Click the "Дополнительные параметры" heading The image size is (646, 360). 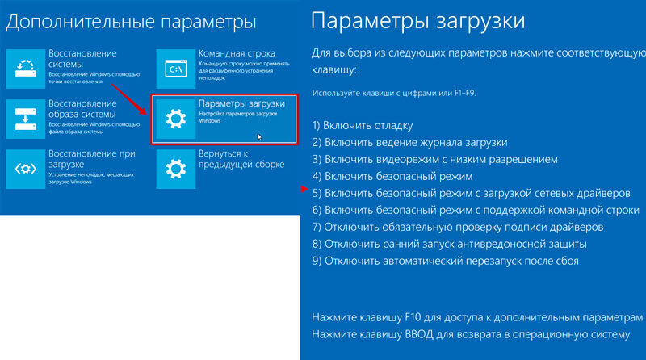131,22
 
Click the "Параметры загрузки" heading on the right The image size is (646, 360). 417,21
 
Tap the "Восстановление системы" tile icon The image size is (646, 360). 26,69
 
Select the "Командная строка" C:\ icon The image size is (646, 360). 176,69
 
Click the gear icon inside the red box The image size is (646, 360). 176,119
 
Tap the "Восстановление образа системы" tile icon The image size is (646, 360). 26,119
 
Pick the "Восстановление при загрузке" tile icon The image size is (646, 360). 26,169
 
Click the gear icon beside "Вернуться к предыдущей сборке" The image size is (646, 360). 176,169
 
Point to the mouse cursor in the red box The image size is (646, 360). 259,136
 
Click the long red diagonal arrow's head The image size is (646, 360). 143,111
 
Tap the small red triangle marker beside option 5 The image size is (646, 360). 304,189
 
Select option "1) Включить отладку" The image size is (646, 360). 363,126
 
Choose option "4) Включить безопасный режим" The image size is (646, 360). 392,176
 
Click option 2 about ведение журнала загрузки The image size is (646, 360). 410,143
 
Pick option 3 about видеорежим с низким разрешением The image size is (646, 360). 435,159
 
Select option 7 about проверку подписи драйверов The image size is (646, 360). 458,227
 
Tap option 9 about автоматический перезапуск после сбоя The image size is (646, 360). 446,261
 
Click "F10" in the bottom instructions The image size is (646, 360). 413,317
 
